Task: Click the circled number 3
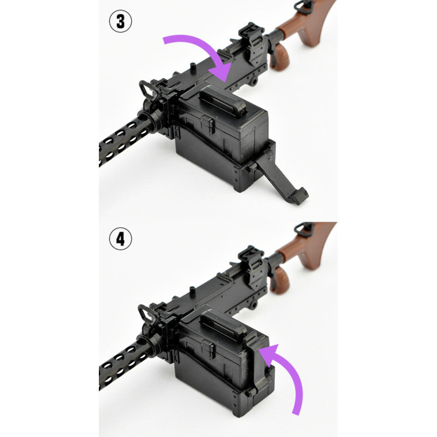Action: pyautogui.click(x=120, y=22)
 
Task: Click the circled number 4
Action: pyautogui.click(x=120, y=239)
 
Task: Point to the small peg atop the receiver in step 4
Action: pyautogui.click(x=192, y=291)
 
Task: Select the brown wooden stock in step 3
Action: pyautogui.click(x=309, y=25)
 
